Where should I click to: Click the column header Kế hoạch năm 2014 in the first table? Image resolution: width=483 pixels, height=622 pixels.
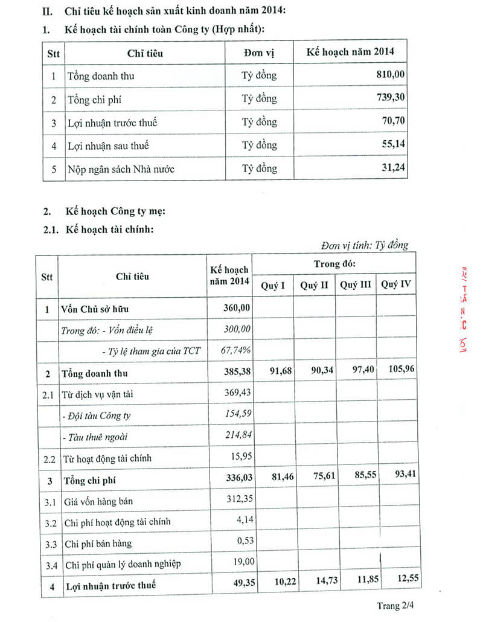pos(350,51)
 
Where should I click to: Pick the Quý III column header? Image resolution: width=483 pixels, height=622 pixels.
pos(356,285)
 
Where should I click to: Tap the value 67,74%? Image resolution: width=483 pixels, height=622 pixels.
pos(237,351)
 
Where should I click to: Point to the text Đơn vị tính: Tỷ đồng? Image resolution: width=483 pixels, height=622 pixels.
pos(365,245)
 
